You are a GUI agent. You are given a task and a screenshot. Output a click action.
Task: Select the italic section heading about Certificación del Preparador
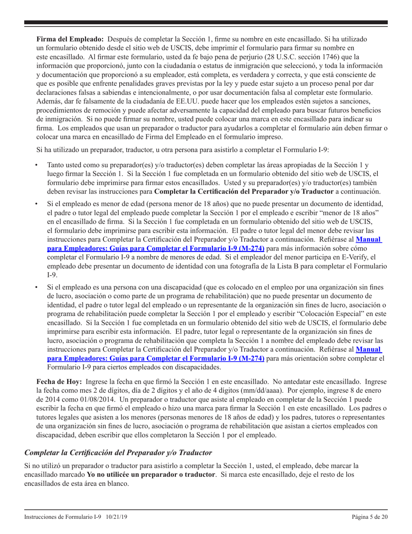pos(118,452)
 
